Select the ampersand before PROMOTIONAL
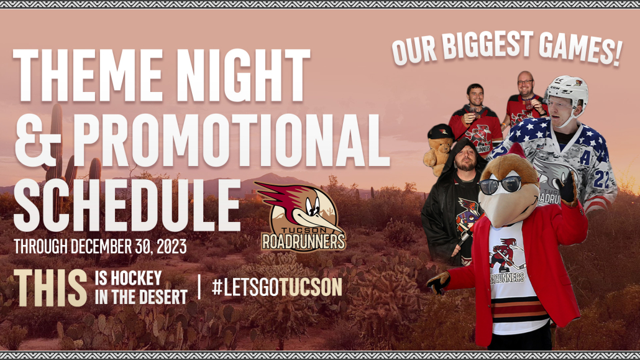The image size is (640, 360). coord(37,140)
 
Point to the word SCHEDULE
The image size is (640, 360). coord(127,205)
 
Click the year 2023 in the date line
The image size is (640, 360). coord(171,246)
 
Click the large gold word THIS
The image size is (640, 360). coord(50,287)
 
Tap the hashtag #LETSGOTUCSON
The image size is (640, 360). coord(277,287)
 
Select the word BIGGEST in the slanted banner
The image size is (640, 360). coord(488,45)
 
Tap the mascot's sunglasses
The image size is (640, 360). coord(500,185)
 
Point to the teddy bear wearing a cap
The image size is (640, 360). coord(439,149)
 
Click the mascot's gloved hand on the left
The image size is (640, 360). coord(438,283)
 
